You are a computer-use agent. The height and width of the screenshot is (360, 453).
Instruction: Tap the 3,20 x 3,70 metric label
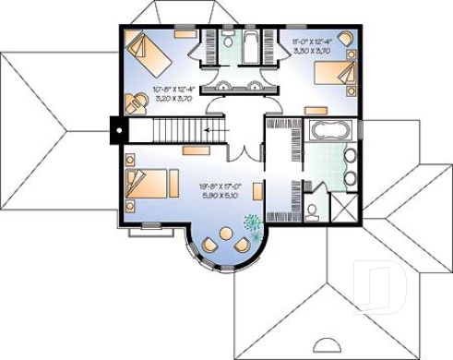pyautogui.click(x=173, y=98)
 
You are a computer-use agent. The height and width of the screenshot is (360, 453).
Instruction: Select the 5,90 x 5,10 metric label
pyautogui.click(x=219, y=196)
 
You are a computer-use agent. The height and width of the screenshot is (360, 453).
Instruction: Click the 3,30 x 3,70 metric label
pyautogui.click(x=313, y=52)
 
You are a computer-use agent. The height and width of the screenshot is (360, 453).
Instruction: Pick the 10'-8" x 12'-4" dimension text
pyautogui.click(x=173, y=90)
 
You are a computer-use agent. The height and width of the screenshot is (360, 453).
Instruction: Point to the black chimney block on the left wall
pyautogui.click(x=118, y=128)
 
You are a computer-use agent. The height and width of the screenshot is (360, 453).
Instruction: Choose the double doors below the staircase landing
pyautogui.click(x=244, y=155)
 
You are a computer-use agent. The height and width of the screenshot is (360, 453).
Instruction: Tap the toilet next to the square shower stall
pyautogui.click(x=314, y=210)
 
